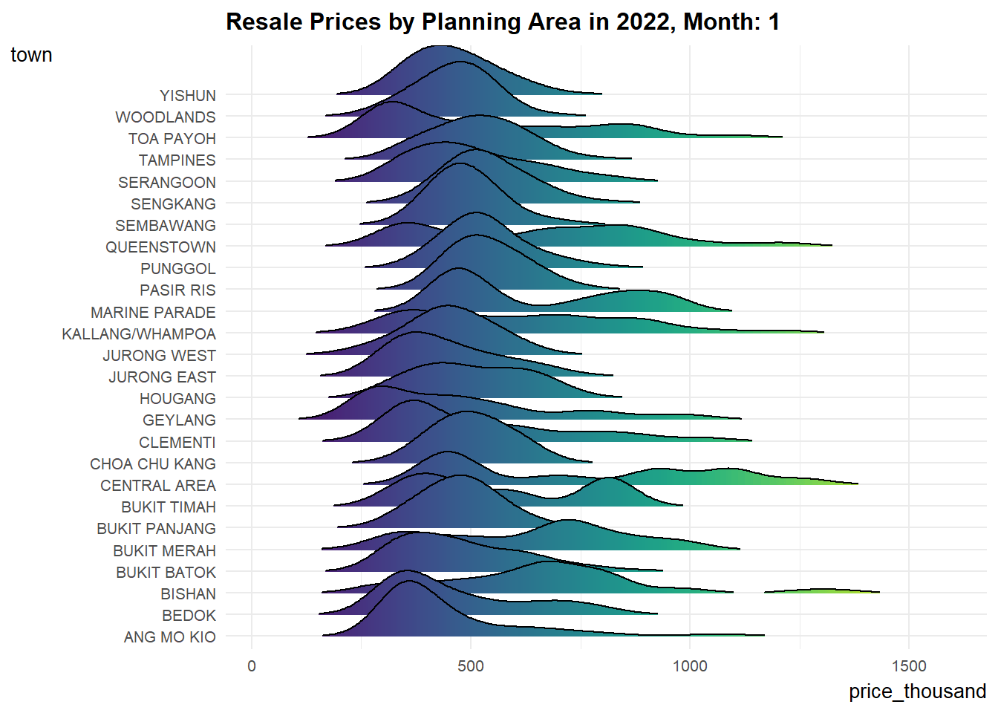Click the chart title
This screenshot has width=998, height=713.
pos(502,22)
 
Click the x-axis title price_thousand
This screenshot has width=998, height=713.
pos(917,691)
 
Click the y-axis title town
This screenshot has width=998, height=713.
pos(31,55)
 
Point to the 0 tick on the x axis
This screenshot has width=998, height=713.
pos(252,666)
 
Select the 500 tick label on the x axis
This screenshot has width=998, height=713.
pos(471,666)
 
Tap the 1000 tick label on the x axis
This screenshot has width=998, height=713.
pos(690,666)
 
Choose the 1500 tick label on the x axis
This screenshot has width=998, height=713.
pos(909,666)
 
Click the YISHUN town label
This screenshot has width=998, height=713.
pos(188,96)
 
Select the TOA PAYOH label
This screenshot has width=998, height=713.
pos(172,139)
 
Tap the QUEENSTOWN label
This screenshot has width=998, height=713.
pos(160,247)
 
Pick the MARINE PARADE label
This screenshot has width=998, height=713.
pos(153,313)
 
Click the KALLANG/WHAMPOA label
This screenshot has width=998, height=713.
pos(139,334)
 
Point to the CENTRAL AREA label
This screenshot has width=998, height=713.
pos(158,486)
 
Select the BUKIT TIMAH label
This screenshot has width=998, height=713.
pos(169,507)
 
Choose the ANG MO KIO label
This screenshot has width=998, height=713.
pos(170,637)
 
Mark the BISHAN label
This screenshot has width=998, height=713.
pos(189,594)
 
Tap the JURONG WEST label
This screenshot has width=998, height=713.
pos(159,356)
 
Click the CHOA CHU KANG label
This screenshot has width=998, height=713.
pos(153,464)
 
